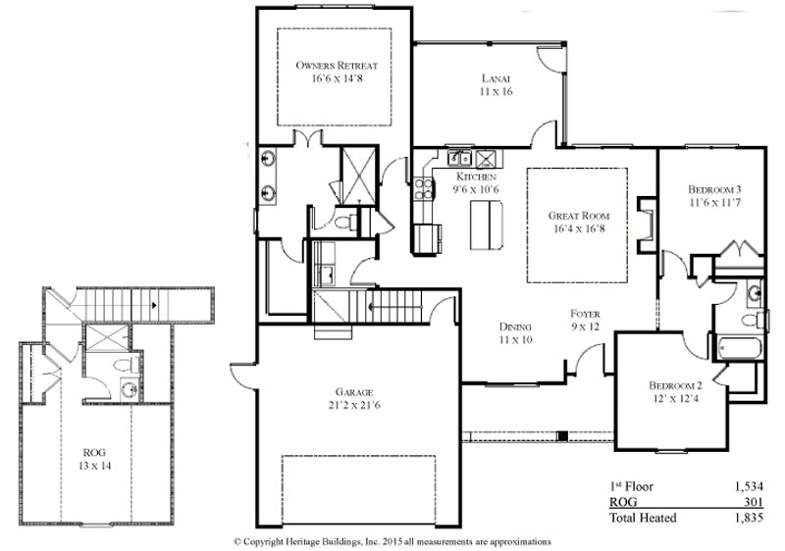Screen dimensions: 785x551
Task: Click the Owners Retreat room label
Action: coord(337,66)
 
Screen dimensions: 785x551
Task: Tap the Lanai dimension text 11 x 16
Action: coord(496,91)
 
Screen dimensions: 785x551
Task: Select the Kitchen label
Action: coord(476,176)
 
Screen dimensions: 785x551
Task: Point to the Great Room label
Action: coord(579,216)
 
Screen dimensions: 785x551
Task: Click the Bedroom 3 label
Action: coord(714,189)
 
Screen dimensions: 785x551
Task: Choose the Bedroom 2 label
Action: coord(675,385)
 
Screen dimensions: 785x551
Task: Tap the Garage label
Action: coord(354,392)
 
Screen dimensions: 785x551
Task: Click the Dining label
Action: coord(515,327)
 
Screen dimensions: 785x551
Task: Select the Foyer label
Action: coord(585,314)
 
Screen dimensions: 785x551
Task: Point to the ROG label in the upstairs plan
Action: coord(94,453)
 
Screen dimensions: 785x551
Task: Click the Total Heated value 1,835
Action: coord(750,518)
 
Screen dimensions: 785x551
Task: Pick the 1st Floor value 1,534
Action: coord(750,486)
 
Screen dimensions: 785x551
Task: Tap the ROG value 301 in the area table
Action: coord(755,502)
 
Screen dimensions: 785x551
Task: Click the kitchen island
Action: coord(486,225)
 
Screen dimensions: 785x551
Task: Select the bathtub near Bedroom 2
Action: coord(740,348)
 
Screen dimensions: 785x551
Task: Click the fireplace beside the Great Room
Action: coord(646,224)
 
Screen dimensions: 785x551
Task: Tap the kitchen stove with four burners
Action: coord(423,188)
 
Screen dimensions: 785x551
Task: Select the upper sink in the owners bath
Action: coord(268,159)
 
